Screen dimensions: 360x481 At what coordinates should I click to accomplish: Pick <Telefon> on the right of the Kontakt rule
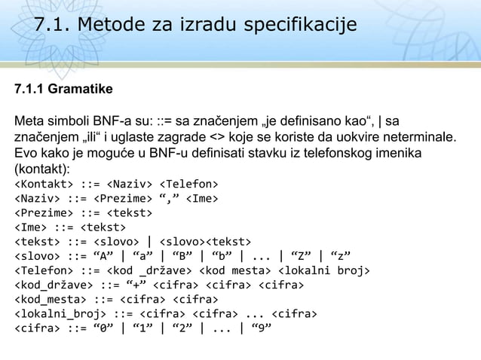(188, 183)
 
